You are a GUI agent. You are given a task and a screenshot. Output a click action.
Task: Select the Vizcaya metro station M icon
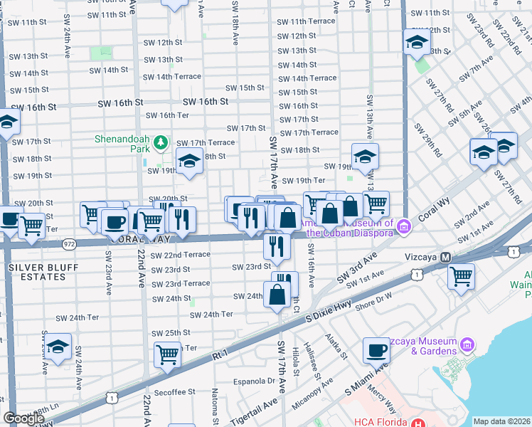tap(446, 257)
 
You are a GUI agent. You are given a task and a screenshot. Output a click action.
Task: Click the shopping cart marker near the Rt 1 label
tap(167, 352)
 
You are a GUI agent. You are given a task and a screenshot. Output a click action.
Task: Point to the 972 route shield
tap(68, 243)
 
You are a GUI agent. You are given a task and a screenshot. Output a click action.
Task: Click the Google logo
tap(23, 418)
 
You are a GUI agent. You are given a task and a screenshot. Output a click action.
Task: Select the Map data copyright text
tap(501, 421)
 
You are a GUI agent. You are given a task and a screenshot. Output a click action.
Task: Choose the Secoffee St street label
tap(174, 391)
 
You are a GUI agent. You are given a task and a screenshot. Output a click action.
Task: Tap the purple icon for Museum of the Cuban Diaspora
tap(405, 227)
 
